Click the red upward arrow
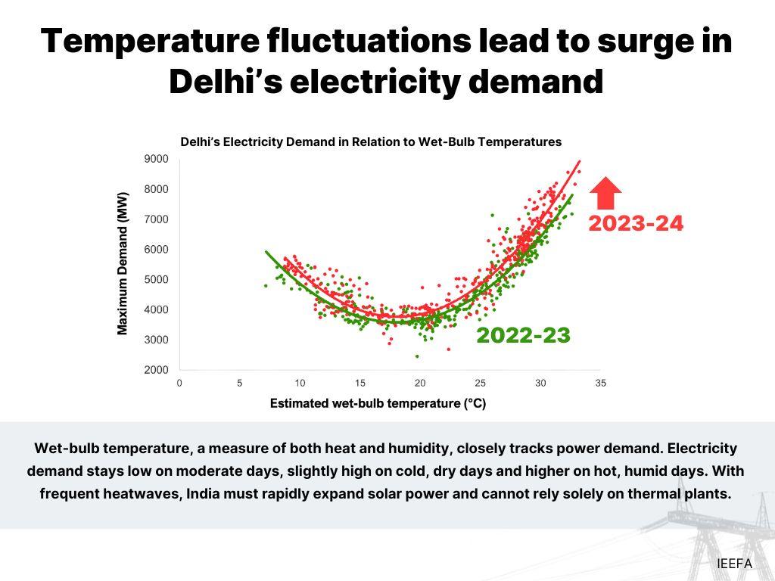605,192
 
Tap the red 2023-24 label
636,224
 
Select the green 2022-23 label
523,336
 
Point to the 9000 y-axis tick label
156,159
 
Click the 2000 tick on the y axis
156,370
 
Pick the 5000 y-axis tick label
156,279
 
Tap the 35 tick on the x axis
600,383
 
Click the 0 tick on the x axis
179,383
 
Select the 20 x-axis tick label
420,383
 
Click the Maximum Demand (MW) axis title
123,263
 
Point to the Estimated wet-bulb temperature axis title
378,404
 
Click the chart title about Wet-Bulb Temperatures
371,141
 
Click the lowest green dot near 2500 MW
417,356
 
